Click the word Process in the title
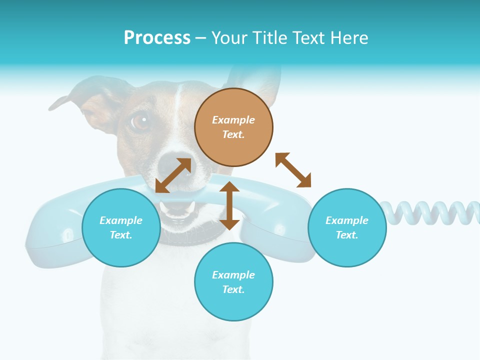[157, 38]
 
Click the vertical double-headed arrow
[229, 205]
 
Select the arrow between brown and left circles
[173, 175]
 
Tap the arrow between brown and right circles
[293, 170]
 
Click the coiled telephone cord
[430, 212]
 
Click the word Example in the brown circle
[233, 120]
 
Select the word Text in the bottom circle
[233, 289]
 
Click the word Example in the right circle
[347, 220]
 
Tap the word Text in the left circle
[121, 235]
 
